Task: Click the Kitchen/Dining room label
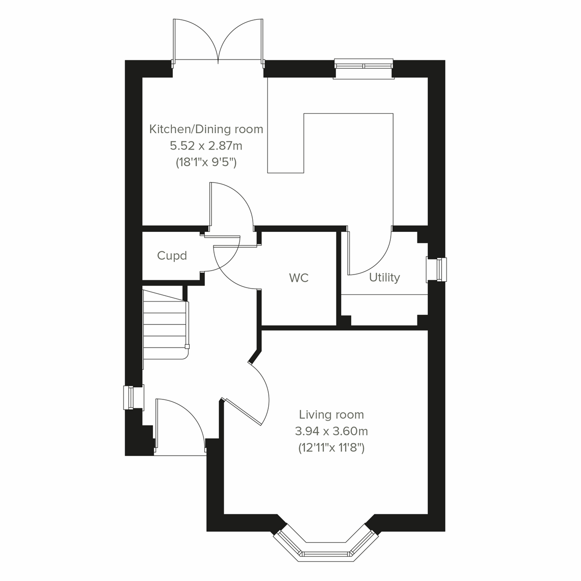coord(206,129)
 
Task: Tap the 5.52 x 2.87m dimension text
coord(206,146)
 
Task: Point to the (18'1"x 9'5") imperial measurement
coord(206,163)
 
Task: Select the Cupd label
coord(172,256)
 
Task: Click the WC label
coord(299,278)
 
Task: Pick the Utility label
coord(384,277)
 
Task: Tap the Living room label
coord(331,414)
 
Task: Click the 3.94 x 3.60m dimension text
coord(331,431)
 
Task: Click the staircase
coord(165,324)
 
